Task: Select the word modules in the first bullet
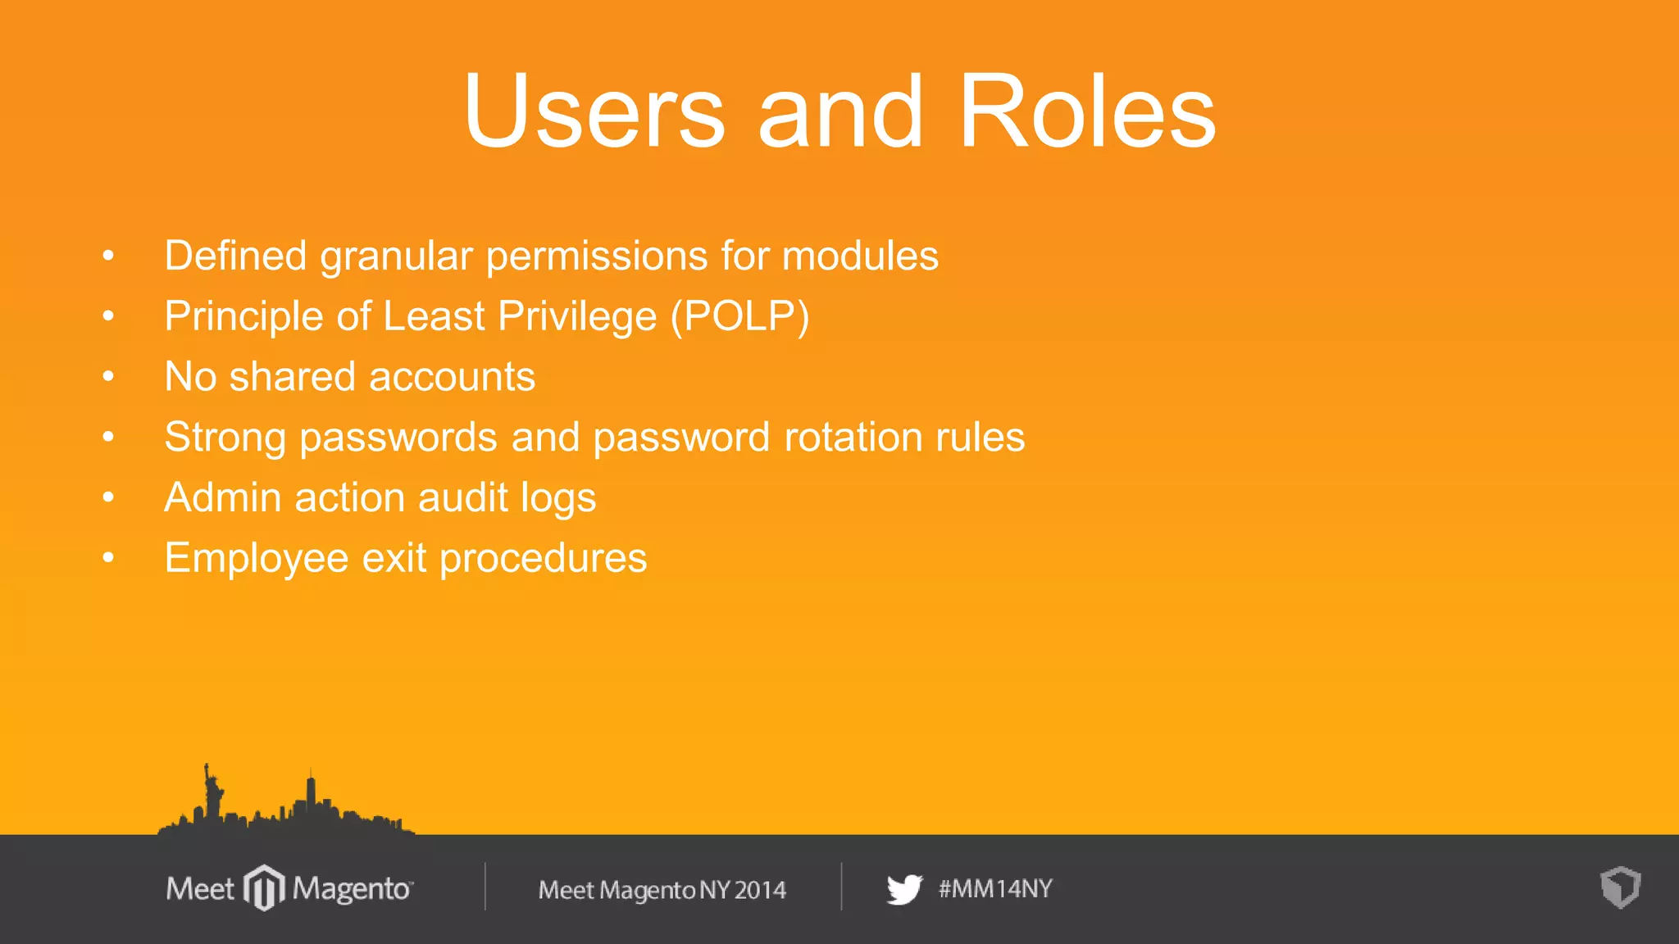click(x=860, y=256)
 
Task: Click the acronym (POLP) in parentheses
click(x=740, y=317)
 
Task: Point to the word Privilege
click(x=577, y=317)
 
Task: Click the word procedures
click(x=544, y=559)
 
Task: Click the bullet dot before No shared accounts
click(x=108, y=377)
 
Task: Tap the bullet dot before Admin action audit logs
click(x=108, y=497)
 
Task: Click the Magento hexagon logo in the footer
click(x=264, y=887)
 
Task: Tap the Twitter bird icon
click(x=904, y=889)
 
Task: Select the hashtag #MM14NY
click(x=995, y=889)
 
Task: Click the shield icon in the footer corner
click(x=1620, y=887)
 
